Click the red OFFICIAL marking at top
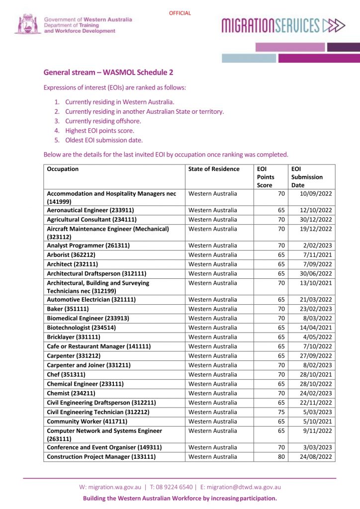click(180, 13)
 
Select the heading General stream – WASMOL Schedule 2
click(108, 72)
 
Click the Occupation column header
click(63, 169)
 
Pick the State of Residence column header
click(214, 169)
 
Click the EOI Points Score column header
click(266, 177)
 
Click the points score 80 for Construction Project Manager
click(281, 457)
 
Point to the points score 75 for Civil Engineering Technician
click(281, 412)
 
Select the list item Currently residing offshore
click(103, 121)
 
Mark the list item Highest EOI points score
click(99, 130)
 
